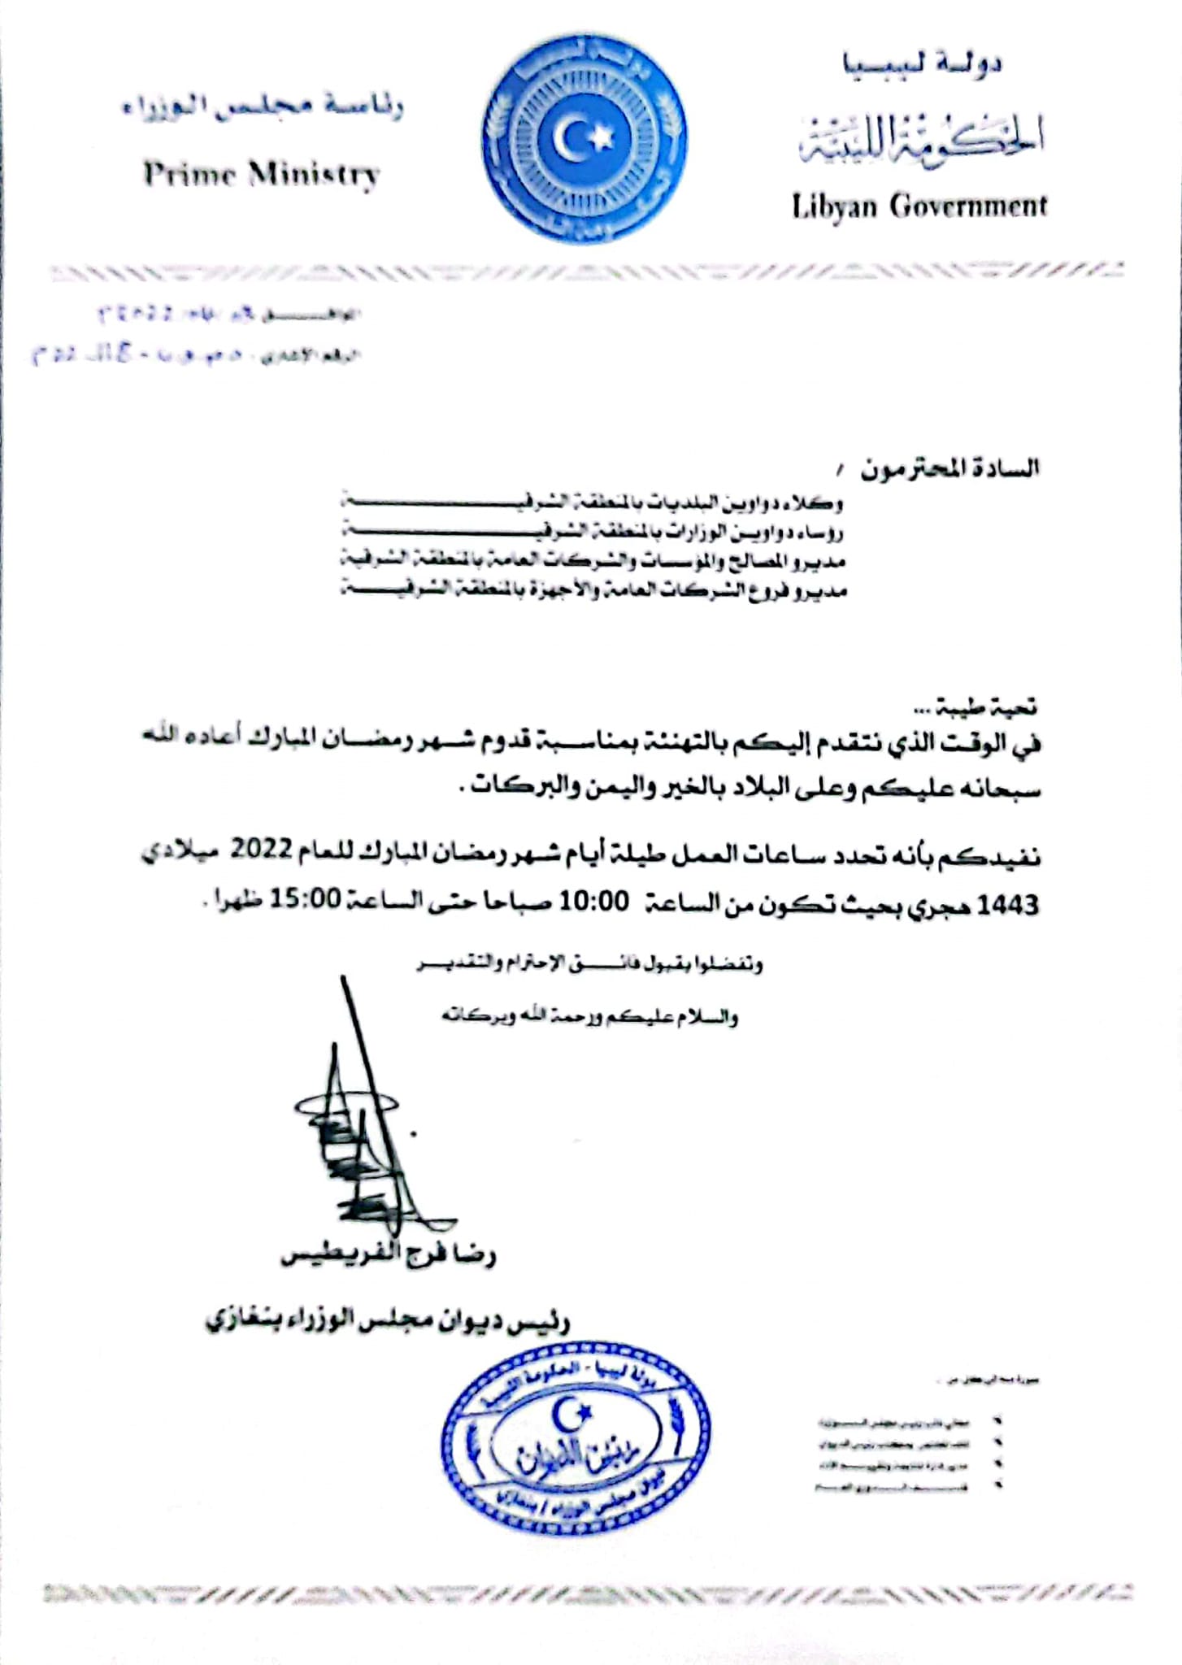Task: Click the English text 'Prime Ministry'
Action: click(261, 175)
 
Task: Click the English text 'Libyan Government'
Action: click(919, 206)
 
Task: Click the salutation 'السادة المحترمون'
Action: click(950, 468)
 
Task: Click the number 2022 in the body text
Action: click(261, 850)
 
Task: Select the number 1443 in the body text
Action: click(1007, 904)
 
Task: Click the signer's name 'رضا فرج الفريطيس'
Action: click(388, 1256)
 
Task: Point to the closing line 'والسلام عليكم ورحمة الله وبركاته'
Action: click(589, 1017)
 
